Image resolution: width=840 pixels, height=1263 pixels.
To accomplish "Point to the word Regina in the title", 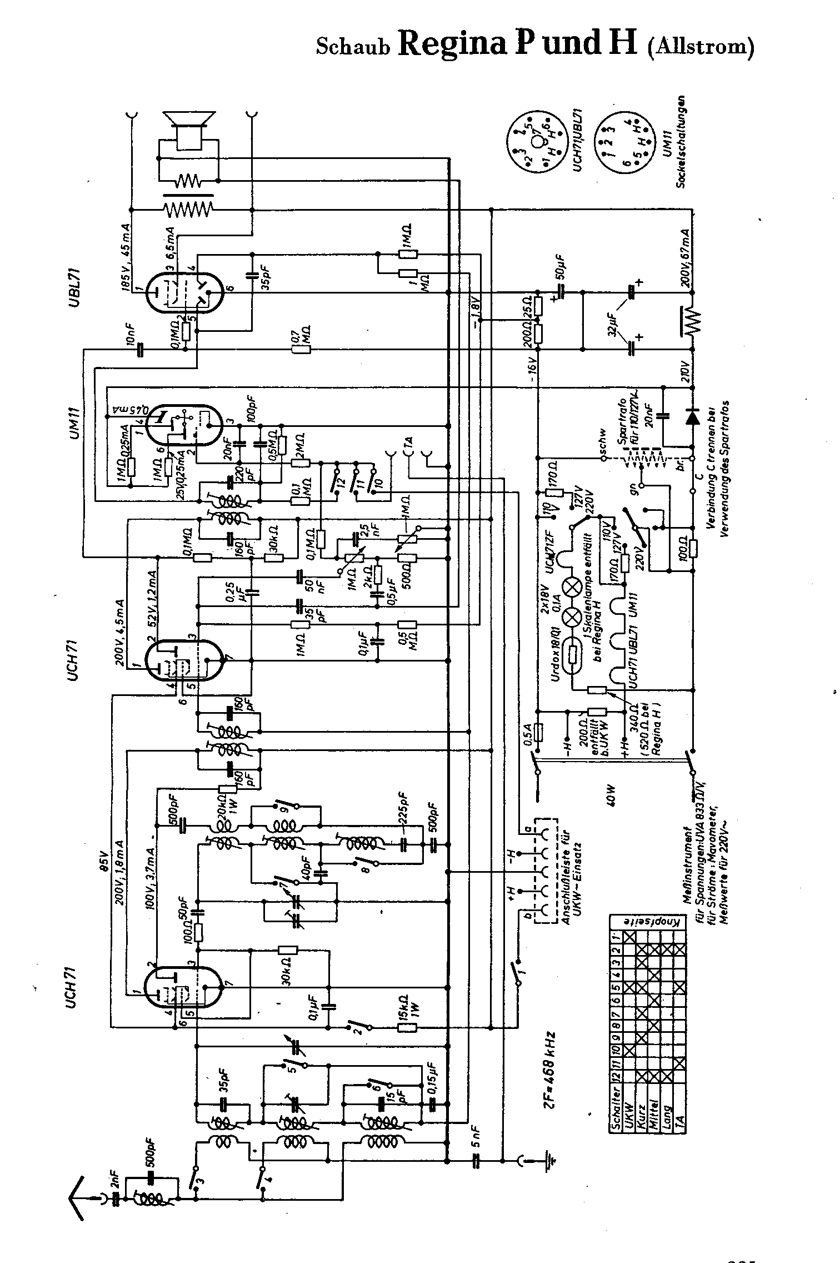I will [453, 43].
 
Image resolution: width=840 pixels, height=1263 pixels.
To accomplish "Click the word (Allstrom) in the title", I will [701, 46].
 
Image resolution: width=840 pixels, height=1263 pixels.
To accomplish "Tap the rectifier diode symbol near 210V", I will [692, 416].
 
